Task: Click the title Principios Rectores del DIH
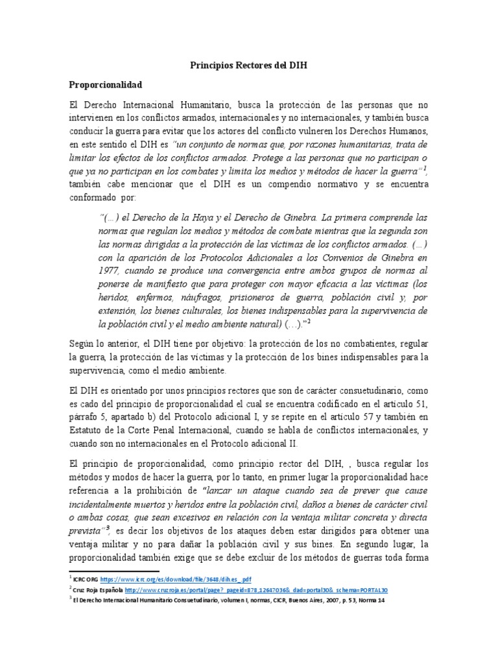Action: [248, 65]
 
